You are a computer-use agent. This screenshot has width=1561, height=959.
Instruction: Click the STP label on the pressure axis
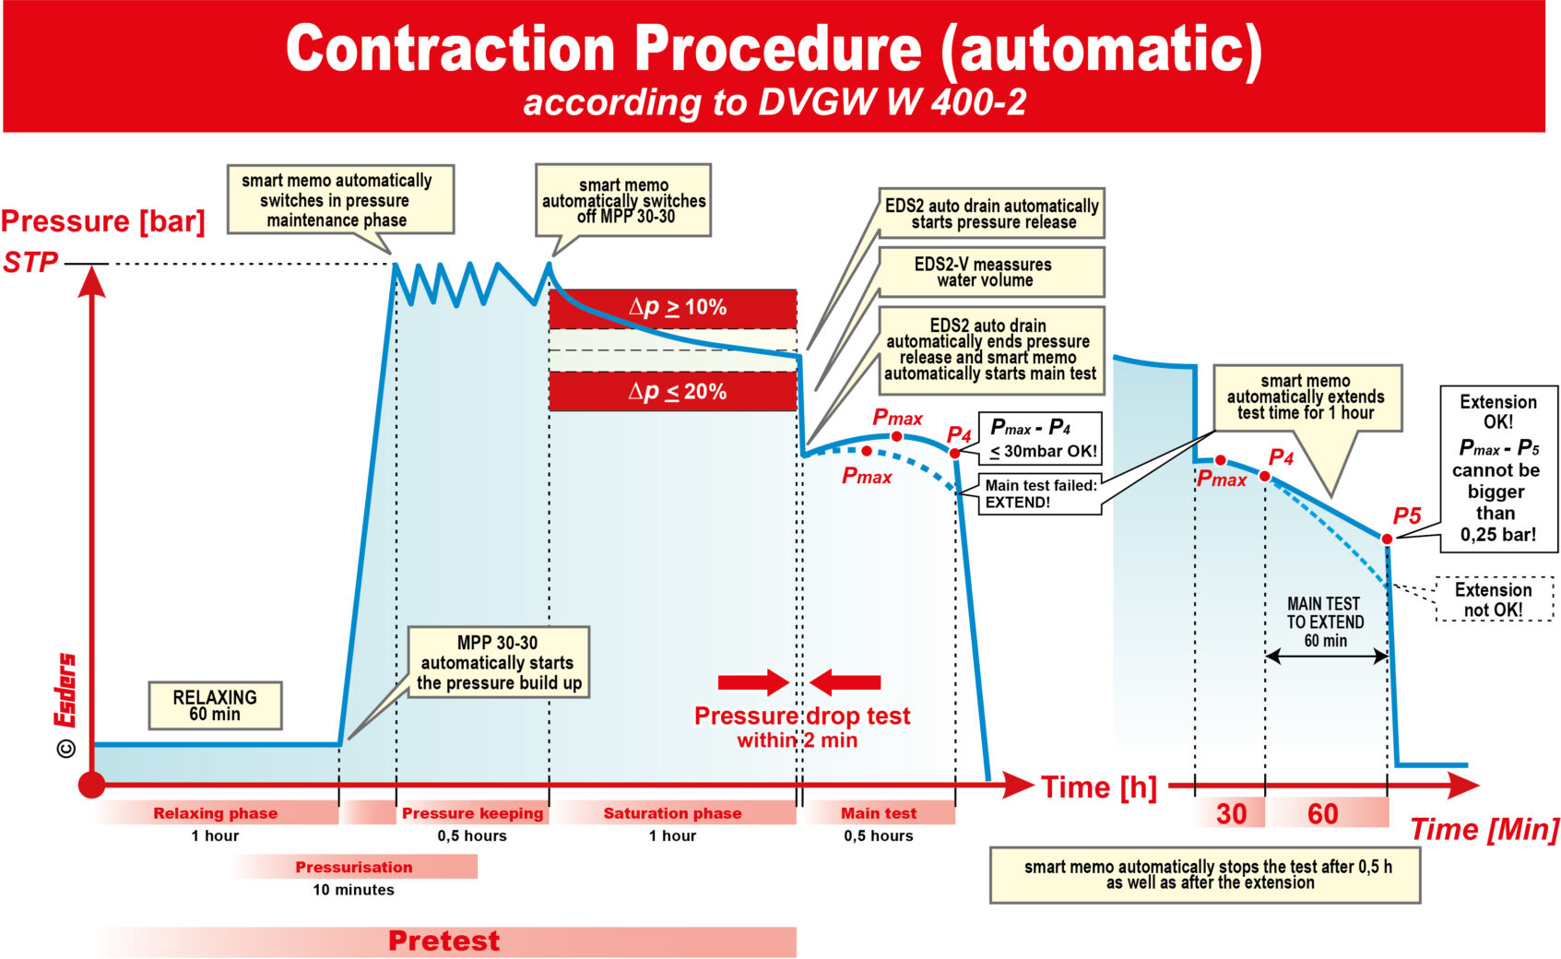pos(31,263)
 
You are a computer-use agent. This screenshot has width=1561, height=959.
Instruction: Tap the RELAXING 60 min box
pos(215,705)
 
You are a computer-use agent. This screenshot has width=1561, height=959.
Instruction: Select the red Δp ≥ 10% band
pos(673,308)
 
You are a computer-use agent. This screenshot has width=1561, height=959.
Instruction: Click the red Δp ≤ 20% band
pos(673,392)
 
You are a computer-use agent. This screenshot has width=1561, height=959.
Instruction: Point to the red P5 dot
pos(1387,539)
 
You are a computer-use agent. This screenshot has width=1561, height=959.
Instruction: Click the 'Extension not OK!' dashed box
pos(1494,599)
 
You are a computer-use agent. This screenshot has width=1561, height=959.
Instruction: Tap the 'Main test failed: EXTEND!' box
pos(1040,494)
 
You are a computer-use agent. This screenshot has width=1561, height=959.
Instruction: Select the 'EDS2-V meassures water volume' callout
pos(992,272)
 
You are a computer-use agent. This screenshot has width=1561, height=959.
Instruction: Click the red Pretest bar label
pos(443,941)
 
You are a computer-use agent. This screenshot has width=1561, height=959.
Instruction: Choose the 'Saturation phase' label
pos(672,813)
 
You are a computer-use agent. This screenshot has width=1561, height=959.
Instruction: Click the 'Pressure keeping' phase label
pos(472,813)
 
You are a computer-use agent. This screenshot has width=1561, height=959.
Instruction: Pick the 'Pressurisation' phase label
pos(354,867)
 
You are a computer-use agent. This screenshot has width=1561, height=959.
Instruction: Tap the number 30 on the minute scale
pos(1231,813)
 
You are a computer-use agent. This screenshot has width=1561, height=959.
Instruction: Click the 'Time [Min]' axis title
pos(1484,830)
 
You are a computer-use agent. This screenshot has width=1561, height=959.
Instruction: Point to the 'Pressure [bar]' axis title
pos(102,221)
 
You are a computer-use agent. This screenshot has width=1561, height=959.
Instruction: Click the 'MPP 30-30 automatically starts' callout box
pos(499,663)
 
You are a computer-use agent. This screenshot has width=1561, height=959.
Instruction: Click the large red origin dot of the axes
pos(91,785)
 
